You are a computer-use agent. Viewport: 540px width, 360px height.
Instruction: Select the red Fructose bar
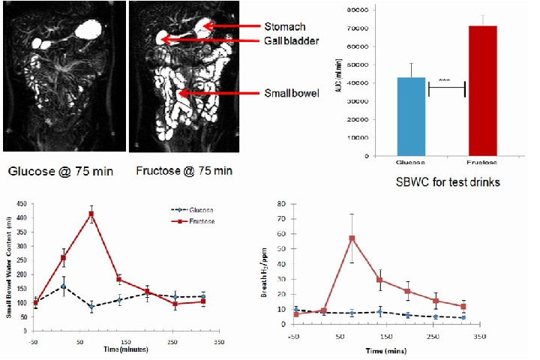tap(483, 91)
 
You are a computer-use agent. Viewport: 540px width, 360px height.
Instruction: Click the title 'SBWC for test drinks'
tap(447, 181)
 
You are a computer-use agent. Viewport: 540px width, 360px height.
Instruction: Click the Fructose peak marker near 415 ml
tap(91, 214)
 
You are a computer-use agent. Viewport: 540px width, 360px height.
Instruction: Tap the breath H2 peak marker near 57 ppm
tap(352, 238)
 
